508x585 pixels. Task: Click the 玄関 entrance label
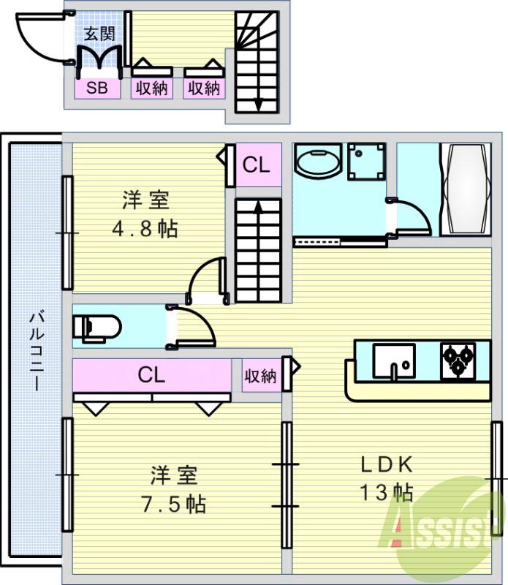pyautogui.click(x=97, y=34)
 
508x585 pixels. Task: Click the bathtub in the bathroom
pyautogui.click(x=465, y=188)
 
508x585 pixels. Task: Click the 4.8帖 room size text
pyautogui.click(x=145, y=229)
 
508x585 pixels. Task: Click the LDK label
pyautogui.click(x=387, y=464)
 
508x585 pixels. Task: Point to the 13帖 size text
pyautogui.click(x=385, y=492)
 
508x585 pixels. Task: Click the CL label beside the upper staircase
pyautogui.click(x=256, y=165)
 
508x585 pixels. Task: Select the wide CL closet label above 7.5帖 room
pyautogui.click(x=151, y=375)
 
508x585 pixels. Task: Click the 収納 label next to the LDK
pyautogui.click(x=260, y=377)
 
